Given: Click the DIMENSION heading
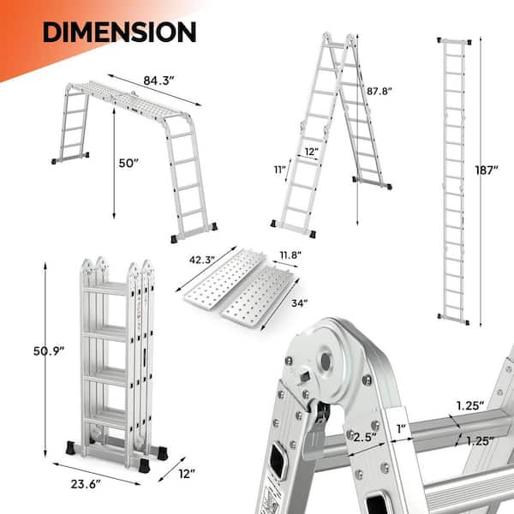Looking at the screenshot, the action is pos(119,32).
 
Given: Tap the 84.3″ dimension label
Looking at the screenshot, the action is pos(158,81).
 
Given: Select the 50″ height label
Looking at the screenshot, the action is pos(128,163).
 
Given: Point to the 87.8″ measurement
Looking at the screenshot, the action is pos(380,91).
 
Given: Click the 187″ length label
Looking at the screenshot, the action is pos(487,170).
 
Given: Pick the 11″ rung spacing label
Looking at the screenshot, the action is pos(280,170).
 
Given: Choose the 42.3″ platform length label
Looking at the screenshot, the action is pos(202,260).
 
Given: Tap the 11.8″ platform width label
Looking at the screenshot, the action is pos(290,254).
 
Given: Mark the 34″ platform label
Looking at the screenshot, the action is pos(300,303).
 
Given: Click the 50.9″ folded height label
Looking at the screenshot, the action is pos(49,351).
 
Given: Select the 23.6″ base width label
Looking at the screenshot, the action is pos(86,484).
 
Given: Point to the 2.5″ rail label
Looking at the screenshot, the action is pos(365,437).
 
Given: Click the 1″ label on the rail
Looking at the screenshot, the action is pos(401,428).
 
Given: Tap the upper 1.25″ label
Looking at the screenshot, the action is pos(470,406).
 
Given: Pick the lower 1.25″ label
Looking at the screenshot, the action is pos(480,441).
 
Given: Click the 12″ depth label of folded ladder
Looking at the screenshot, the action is pos(187,474).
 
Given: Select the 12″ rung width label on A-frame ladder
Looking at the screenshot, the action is pos(312,152).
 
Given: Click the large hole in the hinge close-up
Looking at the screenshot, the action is pos(326,362).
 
